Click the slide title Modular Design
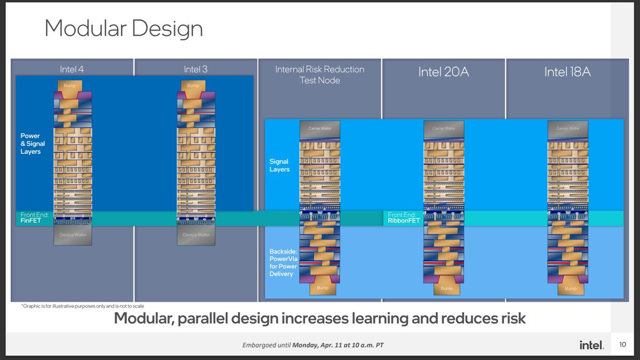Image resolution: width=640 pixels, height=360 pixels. (123, 28)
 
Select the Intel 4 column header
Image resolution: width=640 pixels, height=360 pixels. (71, 69)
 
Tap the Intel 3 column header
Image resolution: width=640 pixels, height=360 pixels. (196, 69)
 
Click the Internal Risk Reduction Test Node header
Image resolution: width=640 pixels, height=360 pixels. (319, 75)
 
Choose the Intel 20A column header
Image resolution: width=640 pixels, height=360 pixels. (443, 72)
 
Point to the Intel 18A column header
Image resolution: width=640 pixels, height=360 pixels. (567, 72)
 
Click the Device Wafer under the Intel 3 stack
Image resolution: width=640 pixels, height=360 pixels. (196, 235)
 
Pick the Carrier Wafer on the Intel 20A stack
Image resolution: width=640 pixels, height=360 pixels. (444, 129)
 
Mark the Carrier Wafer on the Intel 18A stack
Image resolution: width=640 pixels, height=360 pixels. (567, 129)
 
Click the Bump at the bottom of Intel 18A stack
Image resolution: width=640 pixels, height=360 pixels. (570, 289)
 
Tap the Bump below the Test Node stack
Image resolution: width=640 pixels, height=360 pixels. (323, 289)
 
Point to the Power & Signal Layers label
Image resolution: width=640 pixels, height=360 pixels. (33, 144)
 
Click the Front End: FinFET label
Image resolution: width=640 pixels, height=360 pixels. (35, 218)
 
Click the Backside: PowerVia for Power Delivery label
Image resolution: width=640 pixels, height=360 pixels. (283, 262)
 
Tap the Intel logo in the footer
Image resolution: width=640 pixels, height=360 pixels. (591, 345)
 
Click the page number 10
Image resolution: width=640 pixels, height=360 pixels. (623, 345)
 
